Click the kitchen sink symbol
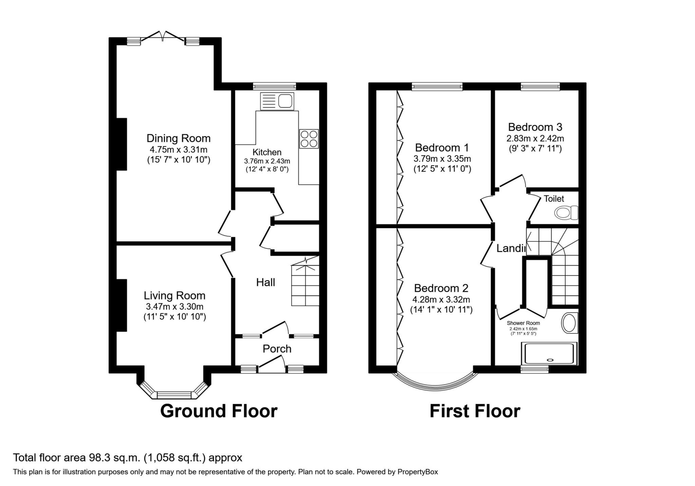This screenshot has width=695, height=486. coord(277,101)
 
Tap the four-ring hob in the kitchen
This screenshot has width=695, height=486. coord(309,139)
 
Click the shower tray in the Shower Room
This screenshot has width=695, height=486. coord(549,353)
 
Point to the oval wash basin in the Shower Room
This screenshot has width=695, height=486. coord(569,323)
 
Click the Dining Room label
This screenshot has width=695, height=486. coord(179,138)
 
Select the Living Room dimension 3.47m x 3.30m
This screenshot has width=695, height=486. coord(174,307)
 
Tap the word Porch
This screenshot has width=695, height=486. coord(277,349)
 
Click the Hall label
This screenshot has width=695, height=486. coord(265,282)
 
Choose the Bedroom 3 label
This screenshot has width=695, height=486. coord(535,127)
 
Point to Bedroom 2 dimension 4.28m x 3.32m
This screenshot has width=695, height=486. coord(441,299)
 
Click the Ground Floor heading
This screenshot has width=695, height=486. coord(219,411)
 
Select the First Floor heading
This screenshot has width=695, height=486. coord(474,411)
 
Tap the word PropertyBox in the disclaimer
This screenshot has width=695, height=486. coord(417,472)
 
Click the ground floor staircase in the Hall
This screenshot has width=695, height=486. coord(305,285)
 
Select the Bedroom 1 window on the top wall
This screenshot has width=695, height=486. coord(437,87)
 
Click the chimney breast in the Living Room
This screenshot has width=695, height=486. coord(122,305)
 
